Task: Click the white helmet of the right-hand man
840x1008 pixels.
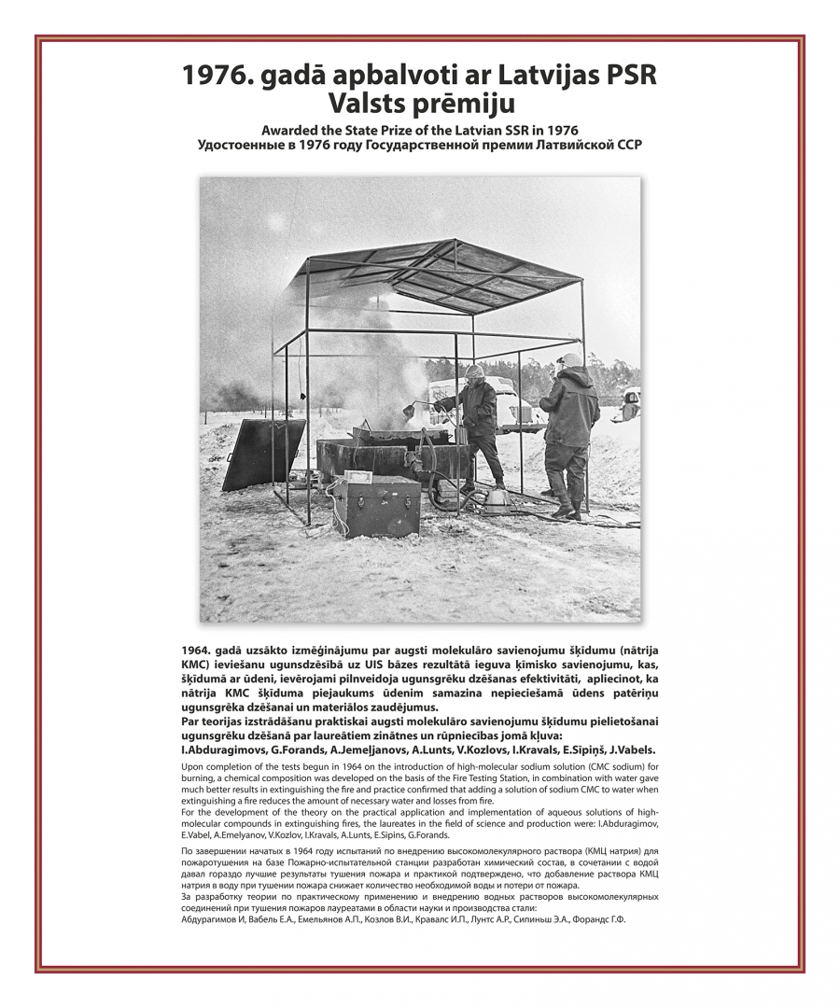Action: (571, 359)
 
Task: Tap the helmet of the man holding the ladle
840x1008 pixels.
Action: (475, 371)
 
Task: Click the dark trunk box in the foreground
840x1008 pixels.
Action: (376, 506)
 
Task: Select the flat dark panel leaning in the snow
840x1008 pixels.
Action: (262, 455)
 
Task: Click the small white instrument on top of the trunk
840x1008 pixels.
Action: (358, 477)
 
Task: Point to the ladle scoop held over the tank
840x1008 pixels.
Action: (410, 409)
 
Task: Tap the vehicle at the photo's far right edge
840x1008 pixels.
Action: (631, 402)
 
